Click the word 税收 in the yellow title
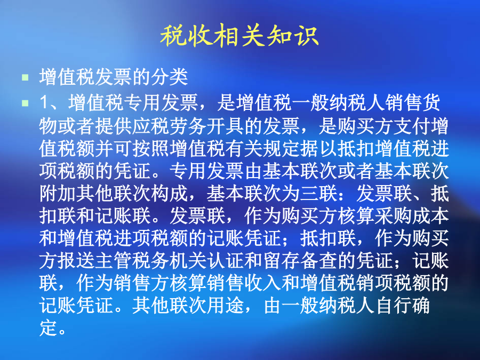187,36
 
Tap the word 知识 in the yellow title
292,36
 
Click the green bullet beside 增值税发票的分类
25,77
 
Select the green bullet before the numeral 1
25,103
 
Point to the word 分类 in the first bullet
169,77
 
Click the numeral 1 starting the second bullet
44,103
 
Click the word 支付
412,126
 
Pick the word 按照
151,148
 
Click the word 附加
58,194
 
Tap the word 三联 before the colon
319,194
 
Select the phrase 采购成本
412,216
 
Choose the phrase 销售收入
244,284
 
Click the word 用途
226,306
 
